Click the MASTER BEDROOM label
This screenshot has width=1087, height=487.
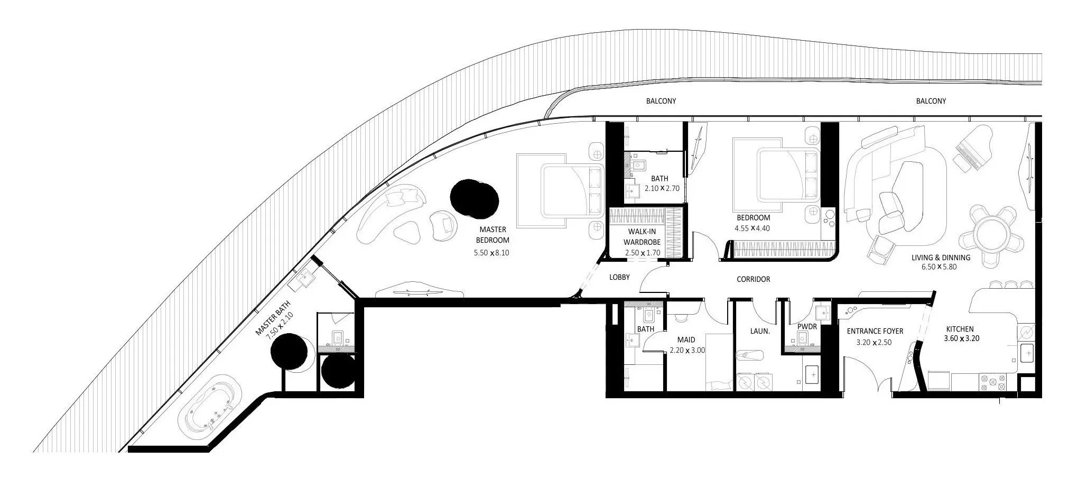coord(492,235)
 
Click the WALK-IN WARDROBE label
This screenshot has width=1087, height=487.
coord(642,237)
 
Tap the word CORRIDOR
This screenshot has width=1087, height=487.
coord(753,279)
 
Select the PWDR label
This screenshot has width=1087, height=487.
coord(807,327)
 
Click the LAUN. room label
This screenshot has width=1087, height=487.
coord(759,332)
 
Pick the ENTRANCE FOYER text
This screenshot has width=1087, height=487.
coord(875,332)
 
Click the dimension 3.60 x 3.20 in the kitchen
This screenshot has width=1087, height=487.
coord(961,338)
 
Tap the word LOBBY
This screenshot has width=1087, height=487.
coord(619,277)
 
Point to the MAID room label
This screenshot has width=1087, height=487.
coord(686,340)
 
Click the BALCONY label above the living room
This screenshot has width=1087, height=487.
coord(931,101)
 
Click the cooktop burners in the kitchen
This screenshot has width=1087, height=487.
coord(993,383)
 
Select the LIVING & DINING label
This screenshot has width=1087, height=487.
coord(941,258)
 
